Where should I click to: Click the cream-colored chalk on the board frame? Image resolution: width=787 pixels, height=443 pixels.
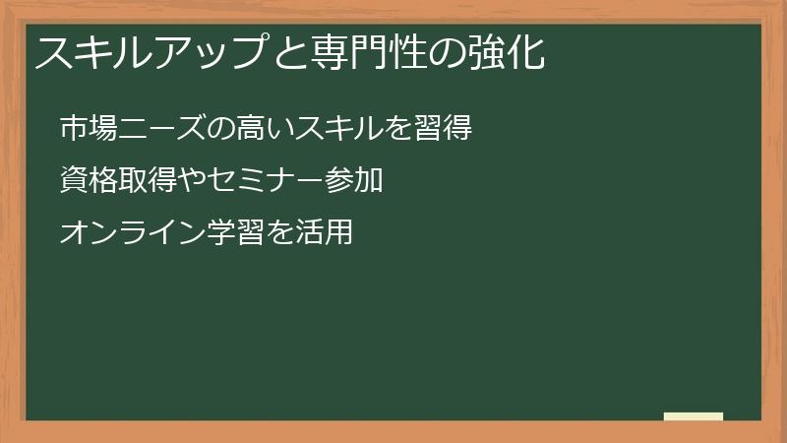[693, 416]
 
